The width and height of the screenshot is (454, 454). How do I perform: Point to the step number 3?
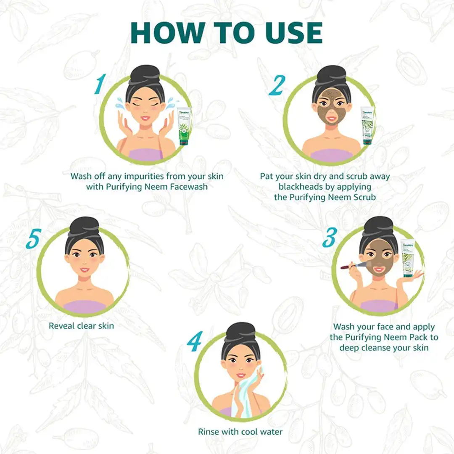[329, 238]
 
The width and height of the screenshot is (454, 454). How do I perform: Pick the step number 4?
[195, 342]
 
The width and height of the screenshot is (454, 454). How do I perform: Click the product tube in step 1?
[184, 126]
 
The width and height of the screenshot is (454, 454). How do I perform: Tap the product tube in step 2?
[367, 126]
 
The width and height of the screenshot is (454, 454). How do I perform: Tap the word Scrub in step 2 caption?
[364, 197]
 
